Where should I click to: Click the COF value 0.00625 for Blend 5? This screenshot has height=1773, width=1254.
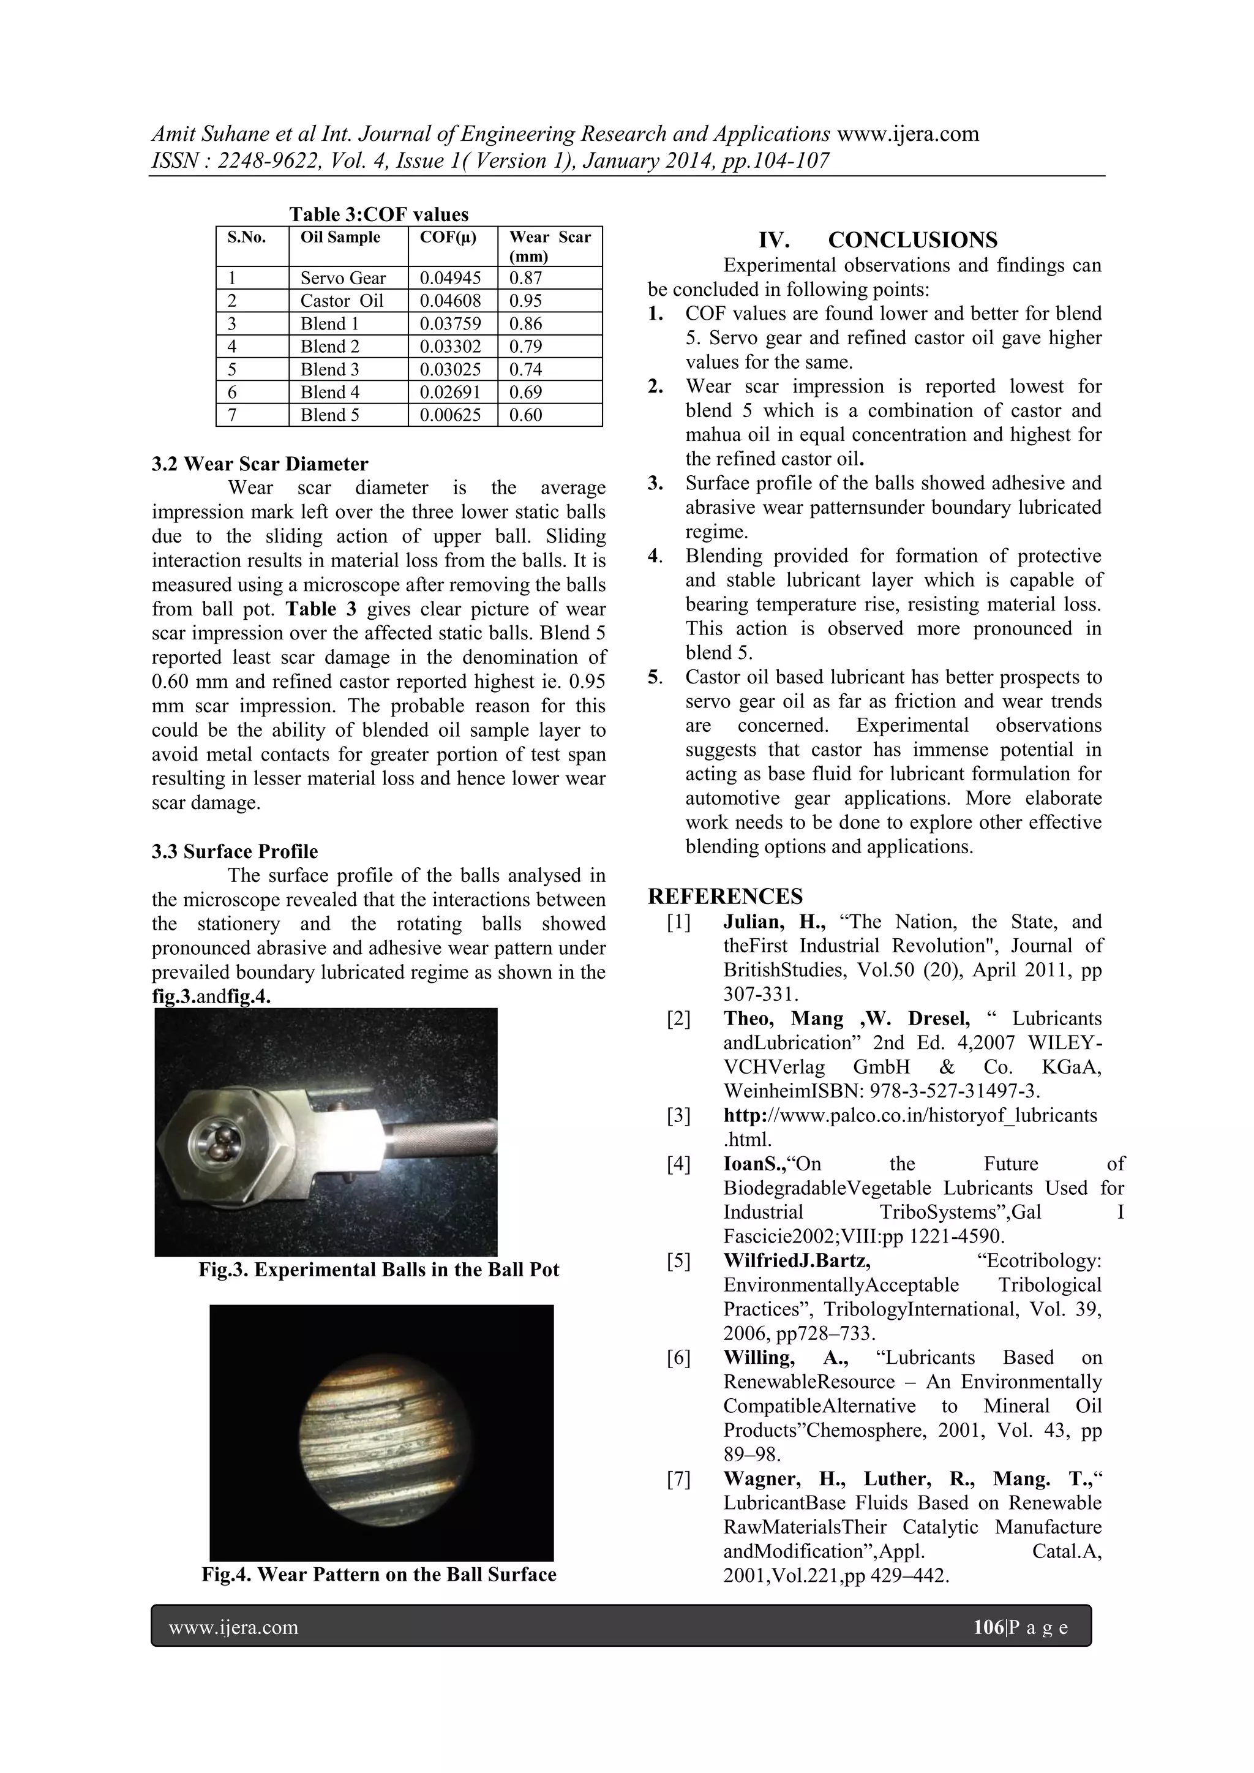[x=449, y=415]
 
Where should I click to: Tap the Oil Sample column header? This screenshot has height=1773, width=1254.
[x=340, y=238]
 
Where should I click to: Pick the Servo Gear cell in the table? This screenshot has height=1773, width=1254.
[x=343, y=278]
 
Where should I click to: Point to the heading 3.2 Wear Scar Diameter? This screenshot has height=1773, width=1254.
[x=260, y=464]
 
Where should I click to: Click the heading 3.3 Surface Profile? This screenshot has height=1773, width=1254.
[x=235, y=852]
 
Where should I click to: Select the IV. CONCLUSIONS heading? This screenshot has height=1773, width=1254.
[x=877, y=239]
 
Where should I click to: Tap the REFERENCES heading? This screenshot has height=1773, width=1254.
[x=725, y=897]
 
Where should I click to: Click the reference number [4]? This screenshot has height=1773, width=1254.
[x=678, y=1164]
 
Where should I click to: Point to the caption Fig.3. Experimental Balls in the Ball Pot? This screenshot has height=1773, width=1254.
[x=378, y=1270]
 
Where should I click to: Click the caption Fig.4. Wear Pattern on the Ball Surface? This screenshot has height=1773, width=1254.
[x=378, y=1575]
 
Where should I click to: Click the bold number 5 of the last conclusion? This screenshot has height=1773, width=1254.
[x=653, y=677]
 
